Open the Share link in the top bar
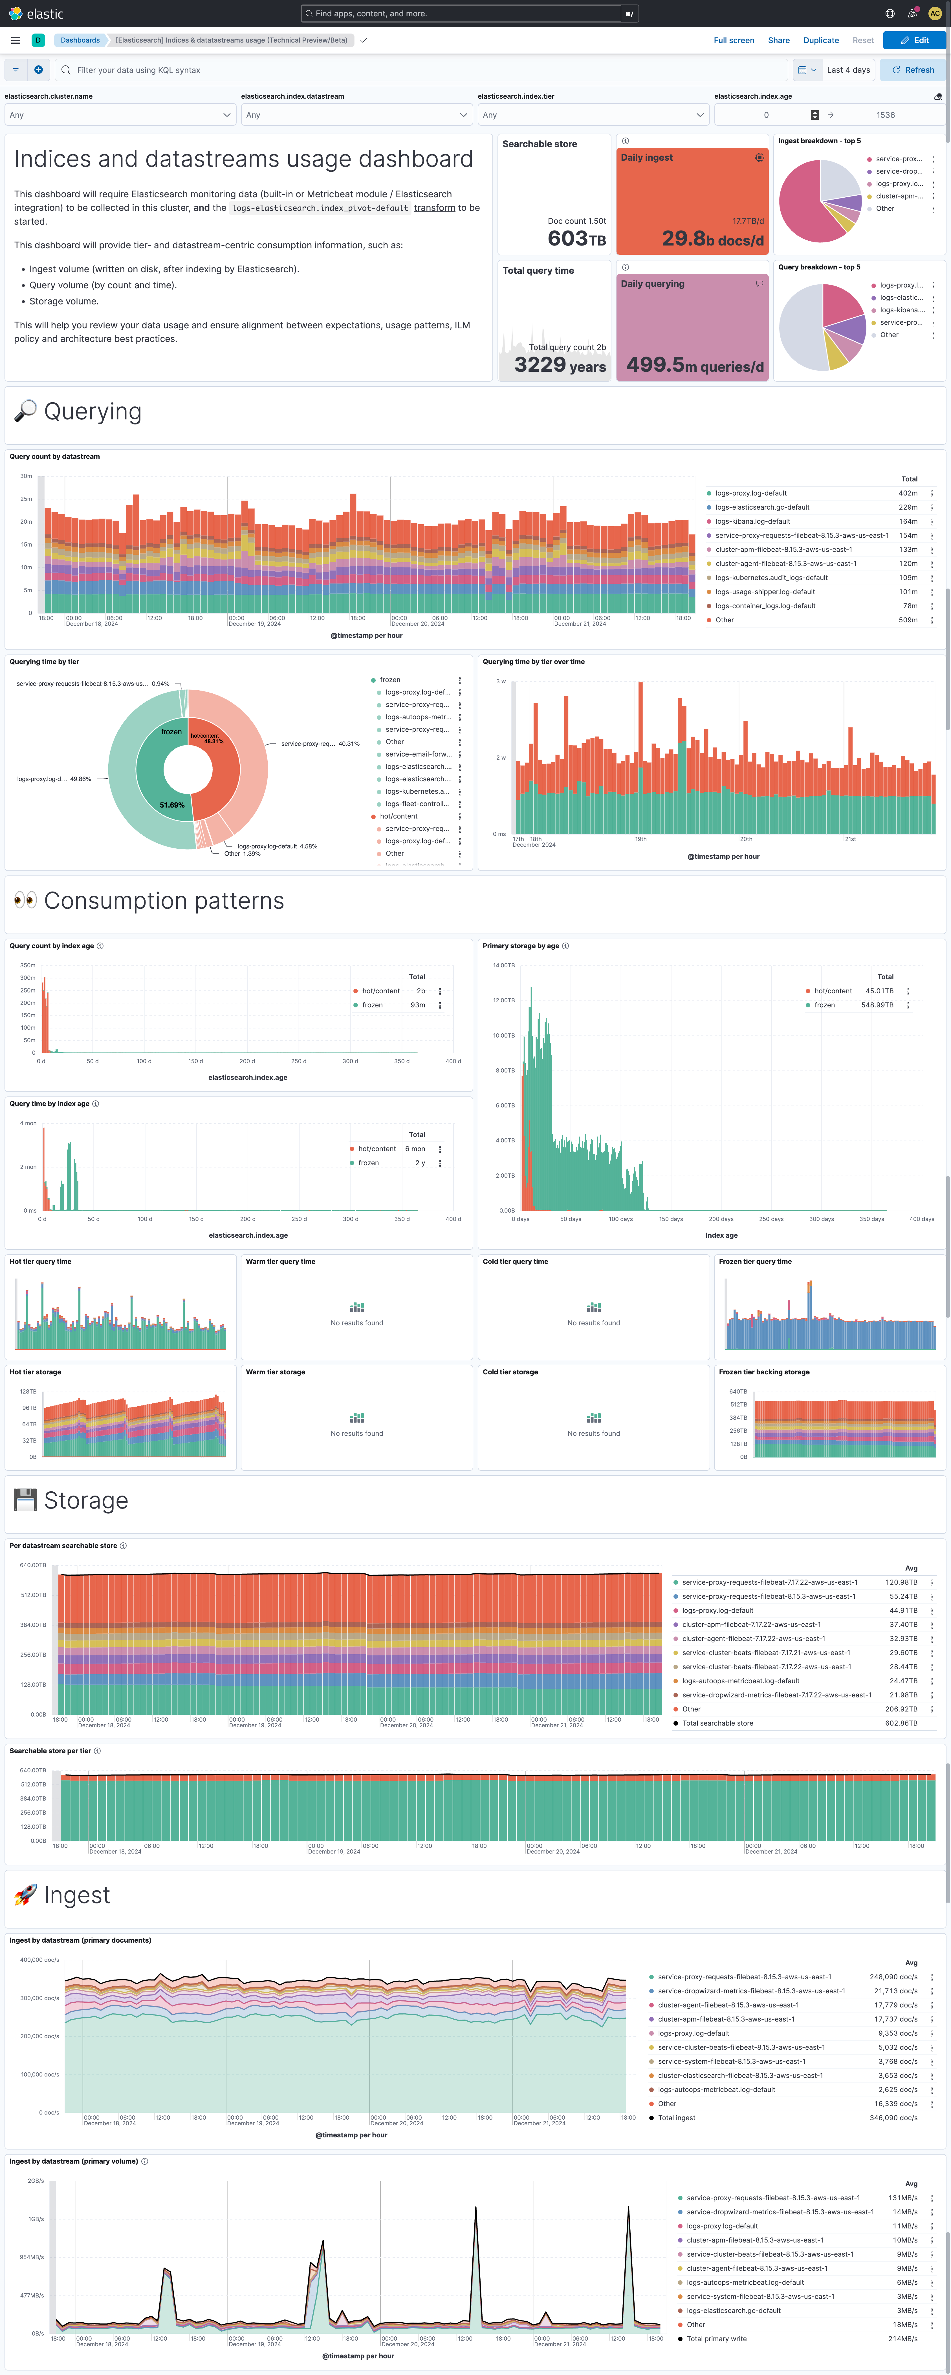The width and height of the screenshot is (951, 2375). click(778, 41)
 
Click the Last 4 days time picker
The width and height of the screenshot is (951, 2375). click(847, 70)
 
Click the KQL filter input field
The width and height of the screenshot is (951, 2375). click(424, 70)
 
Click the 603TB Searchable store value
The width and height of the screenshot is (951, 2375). click(576, 239)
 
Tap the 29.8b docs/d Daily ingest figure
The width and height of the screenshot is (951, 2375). click(712, 239)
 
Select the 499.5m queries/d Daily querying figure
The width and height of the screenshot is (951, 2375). click(695, 366)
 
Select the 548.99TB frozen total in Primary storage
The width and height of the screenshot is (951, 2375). click(877, 1005)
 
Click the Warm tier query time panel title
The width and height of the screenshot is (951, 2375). click(280, 1261)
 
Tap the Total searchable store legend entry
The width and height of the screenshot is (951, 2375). click(718, 1723)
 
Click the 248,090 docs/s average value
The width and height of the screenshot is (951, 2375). click(893, 1977)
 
